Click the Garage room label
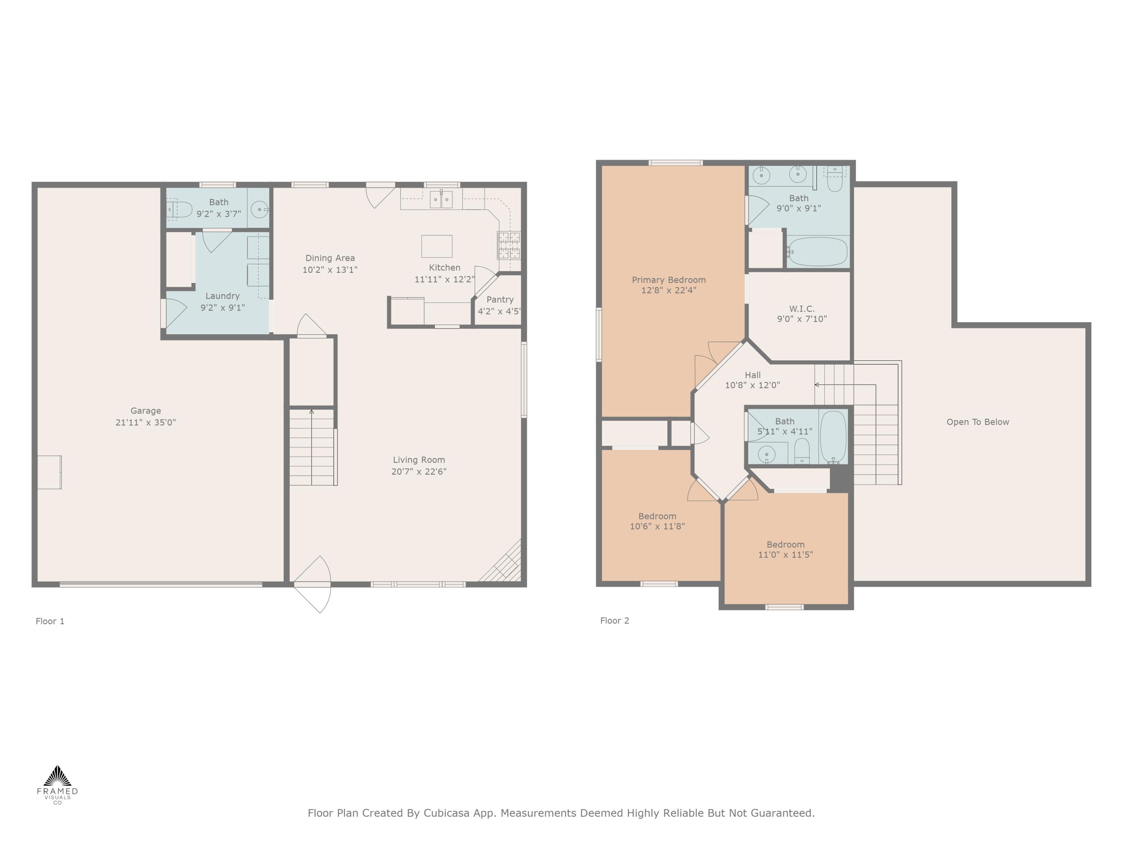pos(146,411)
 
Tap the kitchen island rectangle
pos(436,246)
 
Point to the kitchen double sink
pos(441,199)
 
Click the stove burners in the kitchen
pos(509,245)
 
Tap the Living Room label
pos(419,460)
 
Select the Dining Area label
pos(330,258)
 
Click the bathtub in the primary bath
pos(818,252)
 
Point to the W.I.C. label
pos(802,309)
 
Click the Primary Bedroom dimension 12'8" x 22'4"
pos(669,290)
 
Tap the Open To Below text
pos(977,422)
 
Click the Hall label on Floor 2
pos(752,375)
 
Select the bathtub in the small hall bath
pos(833,436)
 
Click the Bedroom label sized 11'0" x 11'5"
pos(785,544)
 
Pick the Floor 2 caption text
pos(614,620)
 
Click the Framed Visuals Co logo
pos(57,784)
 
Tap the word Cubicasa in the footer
pos(447,813)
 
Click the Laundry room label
pos(222,296)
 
